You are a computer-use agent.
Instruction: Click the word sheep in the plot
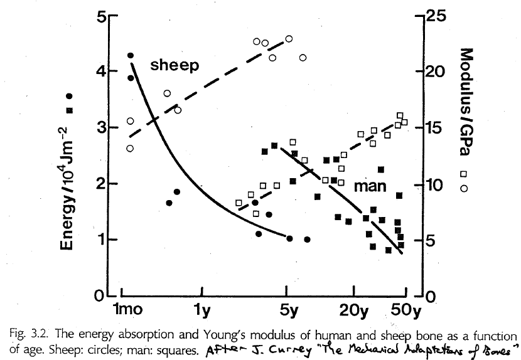pyautogui.click(x=174, y=65)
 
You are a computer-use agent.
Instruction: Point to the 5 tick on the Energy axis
pyautogui.click(x=90, y=17)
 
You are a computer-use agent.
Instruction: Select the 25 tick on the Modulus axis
pyautogui.click(x=432, y=16)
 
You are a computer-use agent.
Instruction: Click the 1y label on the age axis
pyautogui.click(x=202, y=310)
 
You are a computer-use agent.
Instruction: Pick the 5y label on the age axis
pyautogui.click(x=287, y=310)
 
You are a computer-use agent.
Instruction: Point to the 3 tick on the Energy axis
pyautogui.click(x=90, y=129)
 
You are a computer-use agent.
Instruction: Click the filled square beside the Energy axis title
pyautogui.click(x=69, y=110)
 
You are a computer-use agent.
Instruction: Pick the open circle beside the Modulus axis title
pyautogui.click(x=465, y=188)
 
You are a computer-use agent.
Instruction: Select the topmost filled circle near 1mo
pyautogui.click(x=131, y=56)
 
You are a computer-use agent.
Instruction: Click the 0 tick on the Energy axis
pyautogui.click(x=90, y=296)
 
